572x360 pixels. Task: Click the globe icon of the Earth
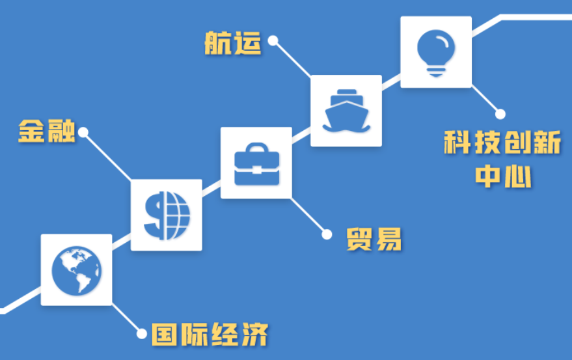76,271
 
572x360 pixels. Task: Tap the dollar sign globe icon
167,215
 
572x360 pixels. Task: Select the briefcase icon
256,164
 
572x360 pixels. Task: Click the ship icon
346,111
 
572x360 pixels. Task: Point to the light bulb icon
436,53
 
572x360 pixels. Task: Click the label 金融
47,131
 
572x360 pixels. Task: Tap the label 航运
233,43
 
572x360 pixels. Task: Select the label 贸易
374,239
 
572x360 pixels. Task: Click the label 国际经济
210,334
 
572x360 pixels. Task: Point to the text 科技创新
502,142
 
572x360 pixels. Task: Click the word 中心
503,176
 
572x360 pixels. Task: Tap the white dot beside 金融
83,132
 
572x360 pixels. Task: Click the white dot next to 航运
273,40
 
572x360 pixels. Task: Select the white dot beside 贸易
327,234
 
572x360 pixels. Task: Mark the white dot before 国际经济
142,333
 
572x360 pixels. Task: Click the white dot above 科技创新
500,114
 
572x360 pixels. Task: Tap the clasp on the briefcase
257,170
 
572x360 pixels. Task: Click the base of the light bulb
436,72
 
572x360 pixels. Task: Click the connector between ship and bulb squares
391,82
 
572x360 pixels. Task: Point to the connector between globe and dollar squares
121,242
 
